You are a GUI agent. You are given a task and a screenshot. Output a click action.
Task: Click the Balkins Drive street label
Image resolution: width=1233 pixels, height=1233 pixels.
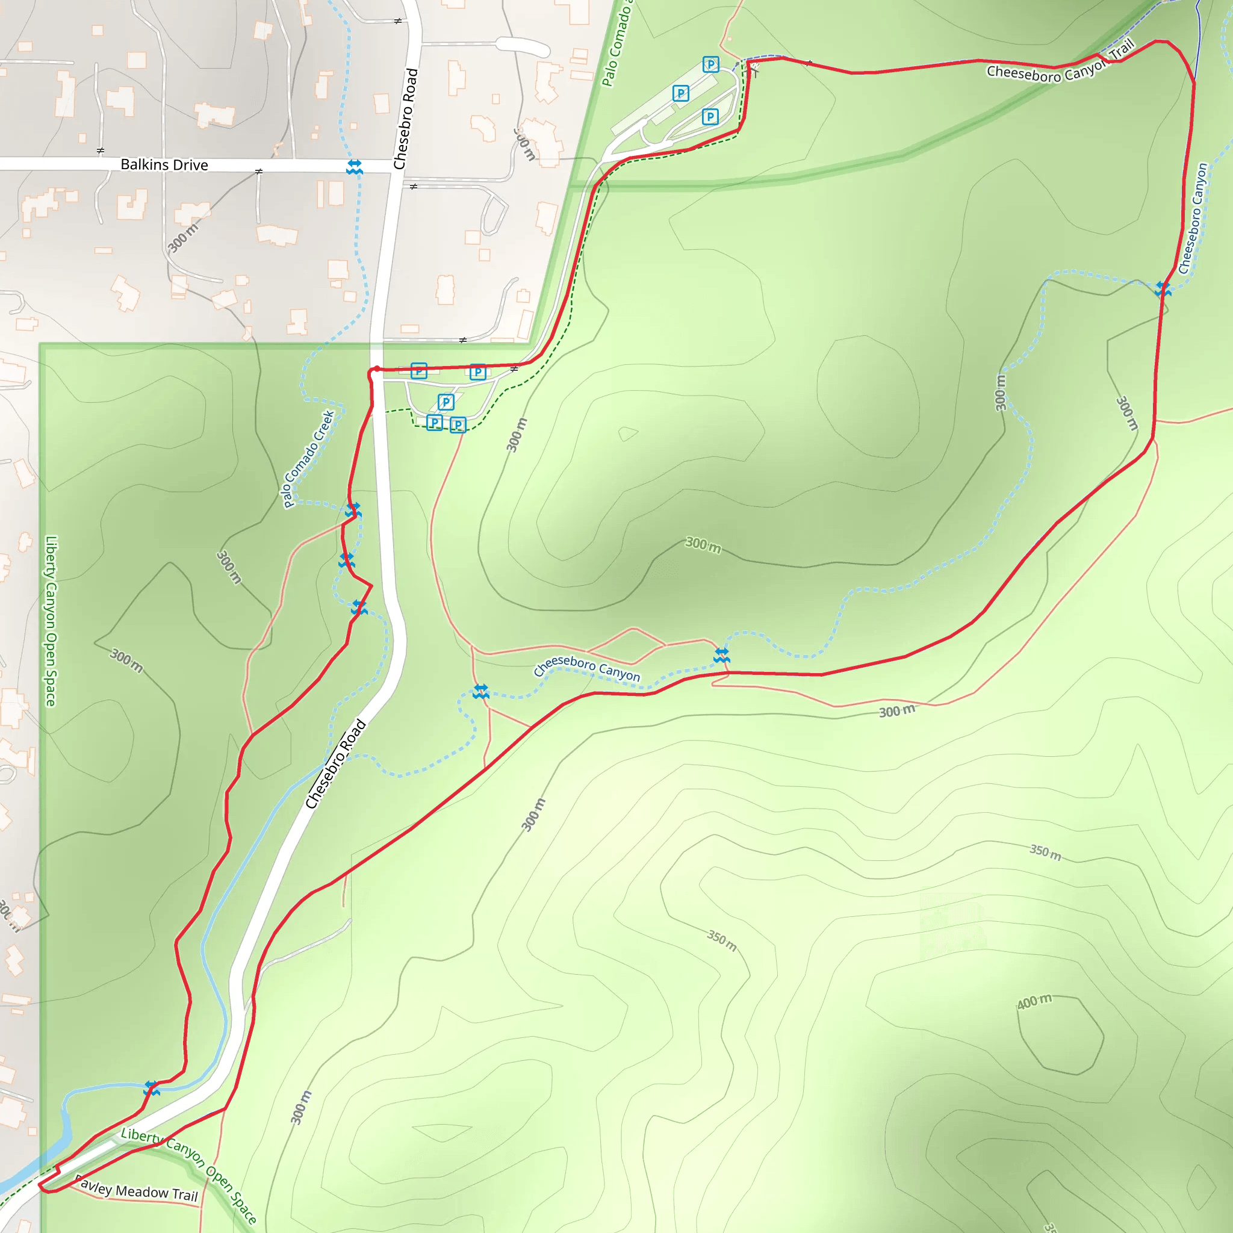pos(164,164)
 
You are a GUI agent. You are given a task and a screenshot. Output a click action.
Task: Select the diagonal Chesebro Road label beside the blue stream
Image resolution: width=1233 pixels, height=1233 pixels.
pos(335,763)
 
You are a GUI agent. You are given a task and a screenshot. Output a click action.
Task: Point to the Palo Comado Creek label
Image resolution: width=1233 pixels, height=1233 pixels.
pos(308,458)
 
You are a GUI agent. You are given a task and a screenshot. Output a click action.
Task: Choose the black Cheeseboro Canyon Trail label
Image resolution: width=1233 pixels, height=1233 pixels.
pos(1060,64)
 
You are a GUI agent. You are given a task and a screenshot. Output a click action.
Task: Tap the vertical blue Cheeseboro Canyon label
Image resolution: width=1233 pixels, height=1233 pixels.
pos(1192,219)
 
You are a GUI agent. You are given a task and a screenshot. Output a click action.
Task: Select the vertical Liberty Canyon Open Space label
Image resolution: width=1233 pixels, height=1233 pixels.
pos(51,620)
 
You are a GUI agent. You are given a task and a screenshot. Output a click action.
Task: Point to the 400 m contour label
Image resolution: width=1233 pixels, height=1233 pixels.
pos(1034,1001)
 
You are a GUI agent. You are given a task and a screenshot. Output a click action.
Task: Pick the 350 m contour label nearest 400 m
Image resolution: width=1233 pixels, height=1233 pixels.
pos(1045,852)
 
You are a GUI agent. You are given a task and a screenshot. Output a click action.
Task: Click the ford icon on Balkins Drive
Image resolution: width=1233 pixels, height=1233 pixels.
pos(354,167)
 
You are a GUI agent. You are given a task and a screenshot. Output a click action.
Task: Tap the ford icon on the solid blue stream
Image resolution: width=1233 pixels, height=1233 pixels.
pos(151,1088)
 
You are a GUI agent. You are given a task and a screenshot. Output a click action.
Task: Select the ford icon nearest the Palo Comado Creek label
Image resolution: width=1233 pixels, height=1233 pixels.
pos(353,510)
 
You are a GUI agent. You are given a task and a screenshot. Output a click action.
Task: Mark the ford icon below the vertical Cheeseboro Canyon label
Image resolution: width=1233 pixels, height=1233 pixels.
pos(1163,289)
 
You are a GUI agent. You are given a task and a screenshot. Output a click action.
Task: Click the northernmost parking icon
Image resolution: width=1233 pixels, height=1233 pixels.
pos(710,64)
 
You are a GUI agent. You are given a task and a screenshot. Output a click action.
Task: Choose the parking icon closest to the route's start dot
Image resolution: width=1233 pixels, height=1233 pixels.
pos(418,370)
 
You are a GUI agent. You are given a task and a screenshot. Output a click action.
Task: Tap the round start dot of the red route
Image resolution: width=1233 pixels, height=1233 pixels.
pos(376,370)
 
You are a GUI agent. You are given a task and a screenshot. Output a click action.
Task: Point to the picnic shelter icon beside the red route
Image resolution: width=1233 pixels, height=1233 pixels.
pos(754,68)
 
